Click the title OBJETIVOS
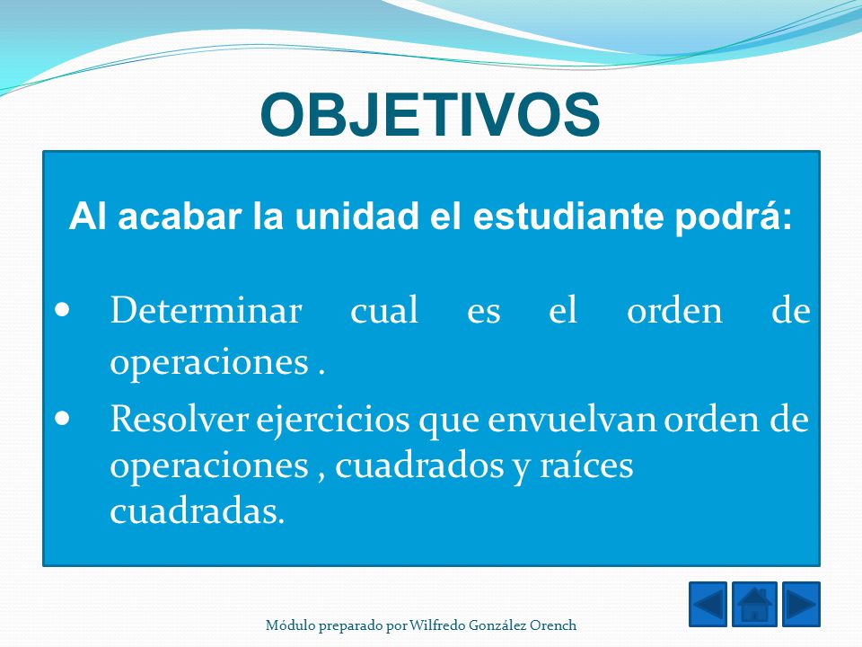click(430, 114)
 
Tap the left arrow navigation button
click(708, 604)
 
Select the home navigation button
click(754, 604)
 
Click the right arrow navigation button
click(801, 604)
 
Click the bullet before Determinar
click(63, 310)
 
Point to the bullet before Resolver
click(63, 419)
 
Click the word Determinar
click(207, 310)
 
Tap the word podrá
click(734, 217)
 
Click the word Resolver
click(180, 420)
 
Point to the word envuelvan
click(572, 421)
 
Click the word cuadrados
click(419, 466)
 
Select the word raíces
click(586, 466)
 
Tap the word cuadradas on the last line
click(197, 511)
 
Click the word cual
click(384, 310)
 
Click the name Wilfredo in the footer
click(437, 625)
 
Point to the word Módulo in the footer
click(291, 625)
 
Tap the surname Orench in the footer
click(554, 625)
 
